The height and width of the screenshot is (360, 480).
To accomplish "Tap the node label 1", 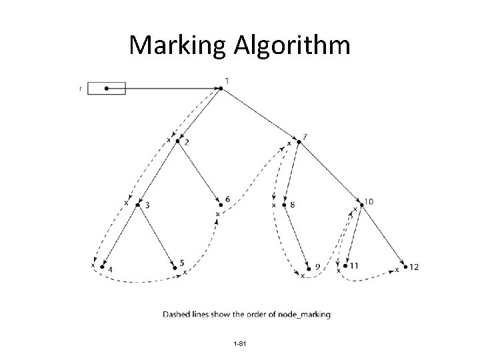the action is coord(227,81).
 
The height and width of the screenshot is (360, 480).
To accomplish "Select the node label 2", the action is coord(186,142).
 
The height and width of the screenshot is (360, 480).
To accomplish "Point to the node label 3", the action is coord(147,205).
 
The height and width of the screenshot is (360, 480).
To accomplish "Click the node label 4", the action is coord(110,269).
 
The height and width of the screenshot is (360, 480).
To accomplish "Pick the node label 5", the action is coord(181,263).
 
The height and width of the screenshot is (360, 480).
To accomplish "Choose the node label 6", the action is coord(227,199).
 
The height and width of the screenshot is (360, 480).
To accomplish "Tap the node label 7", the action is coord(305,137).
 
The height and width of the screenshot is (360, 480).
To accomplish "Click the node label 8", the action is coord(293,205).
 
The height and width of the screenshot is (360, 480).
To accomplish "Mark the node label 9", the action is coord(317,267).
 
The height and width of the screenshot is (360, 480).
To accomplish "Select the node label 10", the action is coord(369,201).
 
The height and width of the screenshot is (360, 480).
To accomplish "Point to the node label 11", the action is coord(354,265).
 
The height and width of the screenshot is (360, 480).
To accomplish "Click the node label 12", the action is coord(414,267).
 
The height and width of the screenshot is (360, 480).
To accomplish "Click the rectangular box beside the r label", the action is coord(107,88).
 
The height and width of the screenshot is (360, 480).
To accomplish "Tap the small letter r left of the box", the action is coord(81,88).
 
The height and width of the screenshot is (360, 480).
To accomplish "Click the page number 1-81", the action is coord(241,343).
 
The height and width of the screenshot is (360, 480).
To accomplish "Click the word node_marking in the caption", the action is coord(307,314).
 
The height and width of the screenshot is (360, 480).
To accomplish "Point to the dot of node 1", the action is coord(220,87).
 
